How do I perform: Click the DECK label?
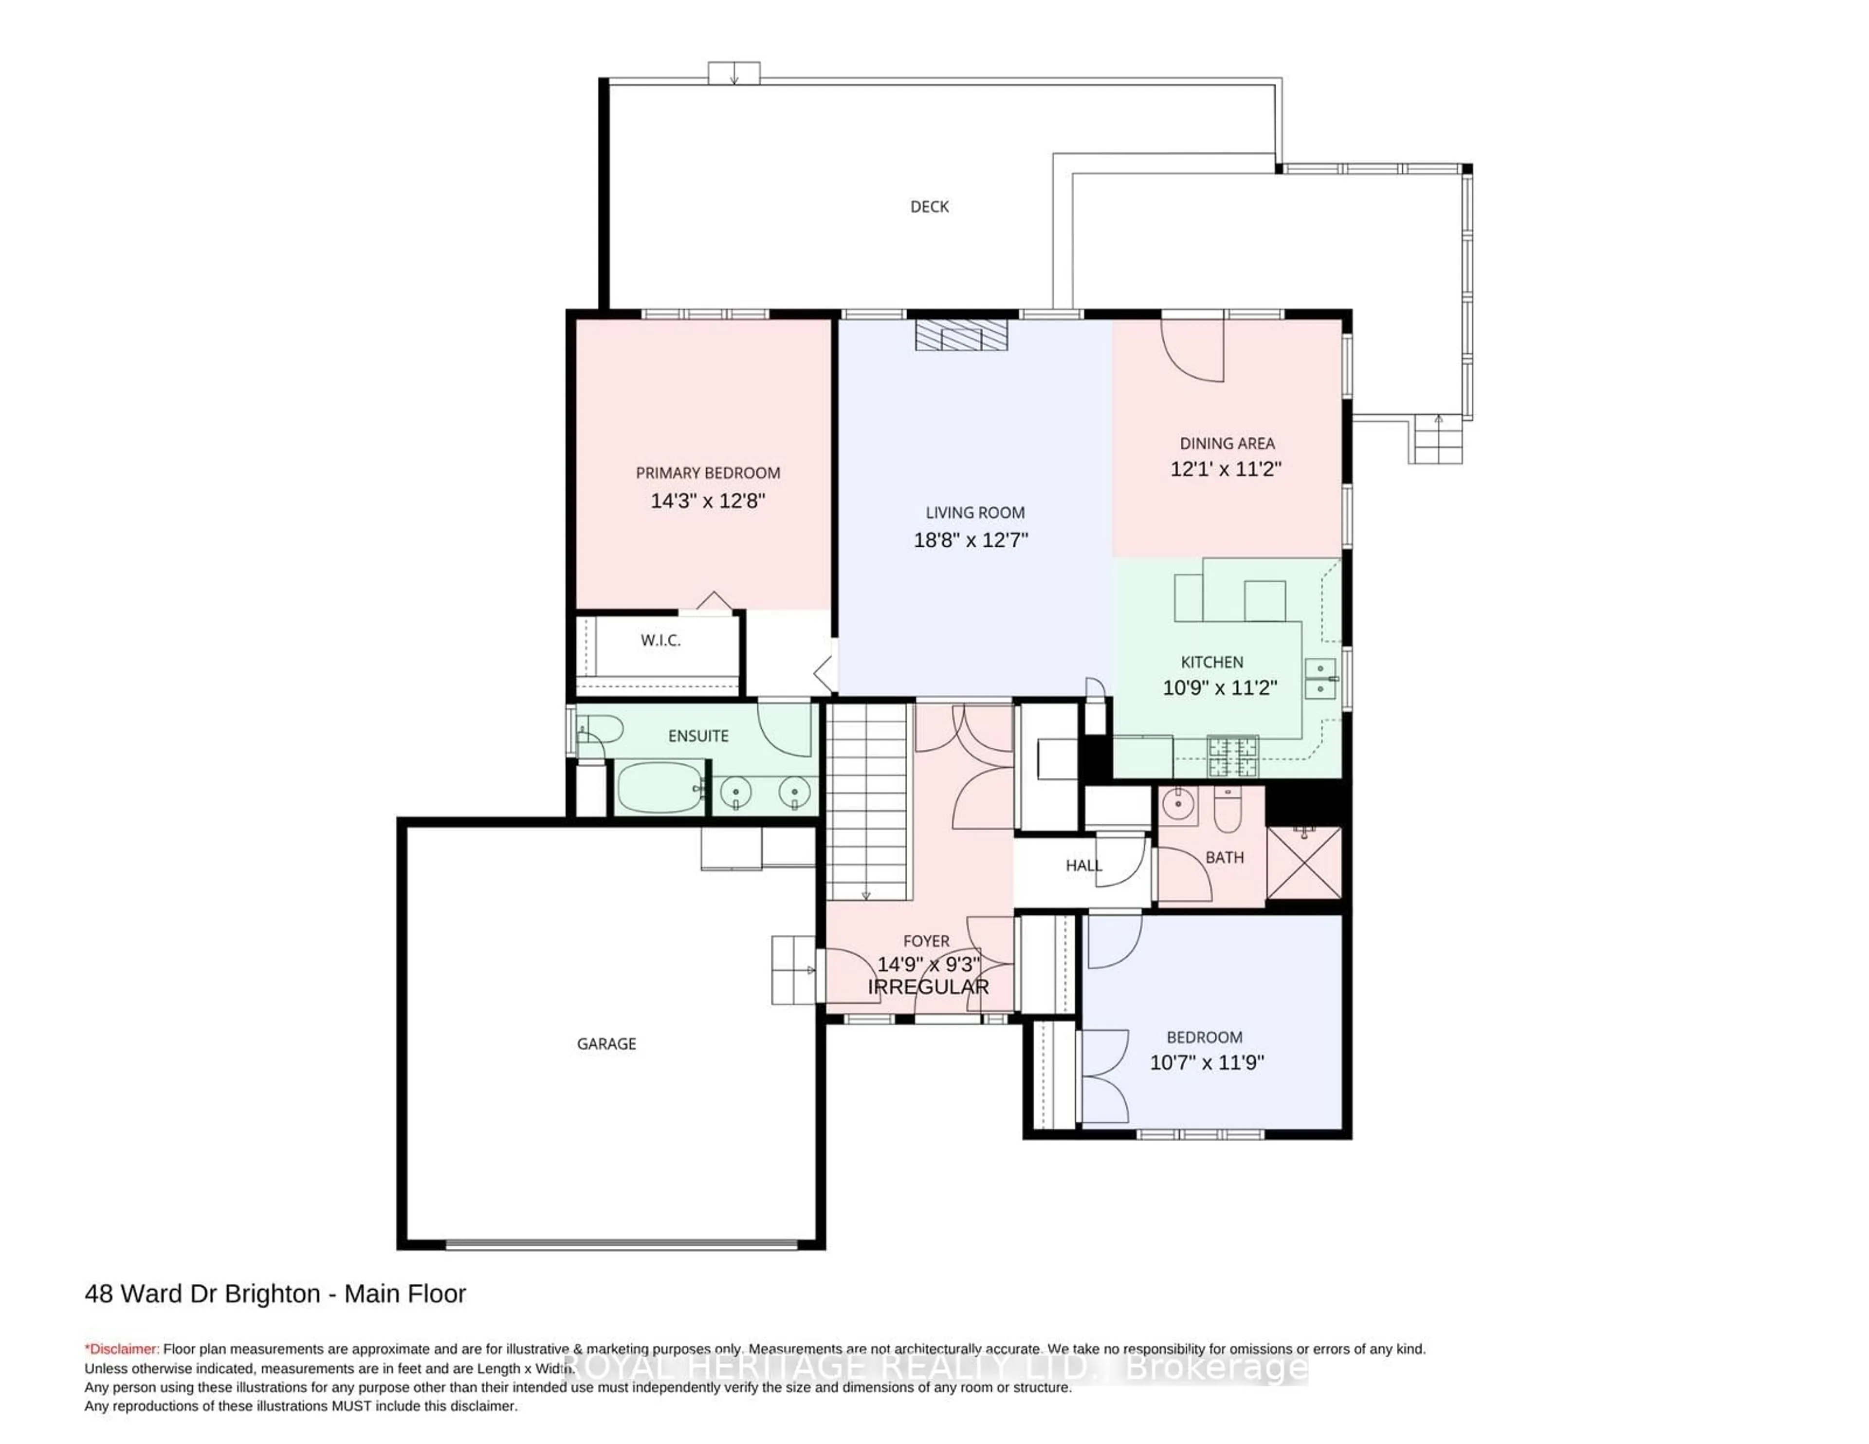point(929,206)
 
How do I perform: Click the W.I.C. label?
point(660,640)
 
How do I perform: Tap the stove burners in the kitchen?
point(1232,756)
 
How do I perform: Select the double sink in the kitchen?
point(1319,679)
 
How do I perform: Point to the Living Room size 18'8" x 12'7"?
point(971,540)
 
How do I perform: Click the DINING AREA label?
point(1227,444)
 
